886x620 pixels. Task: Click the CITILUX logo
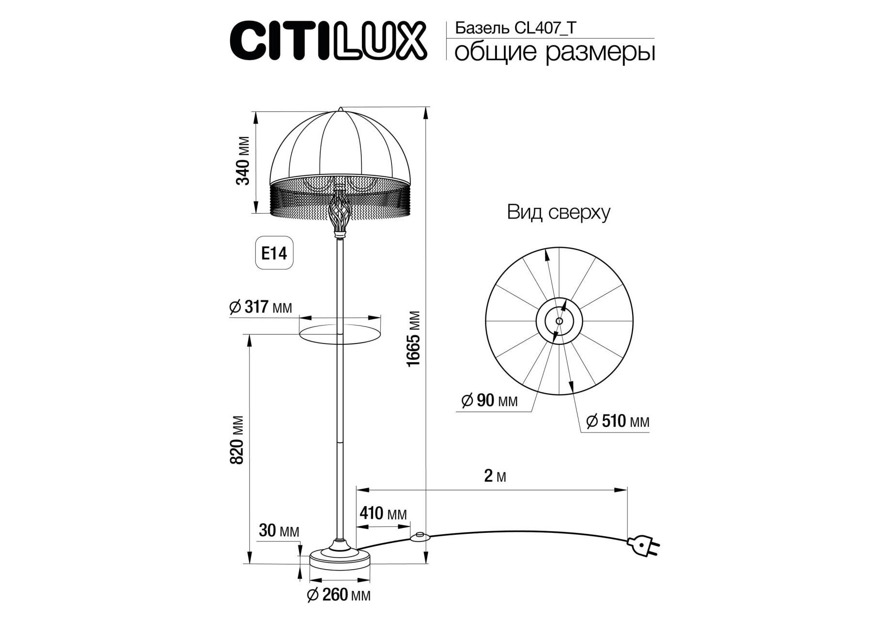(x=328, y=40)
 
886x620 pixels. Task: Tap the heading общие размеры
(x=555, y=52)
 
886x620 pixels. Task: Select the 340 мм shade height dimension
(x=243, y=161)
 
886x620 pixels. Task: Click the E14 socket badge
(x=274, y=253)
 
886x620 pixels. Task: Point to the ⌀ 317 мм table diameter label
(x=261, y=307)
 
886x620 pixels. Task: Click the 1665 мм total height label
(x=414, y=338)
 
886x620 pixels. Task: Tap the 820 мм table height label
(x=237, y=440)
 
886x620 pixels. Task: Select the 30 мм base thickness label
(x=279, y=531)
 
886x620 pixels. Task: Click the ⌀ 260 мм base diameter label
(x=339, y=595)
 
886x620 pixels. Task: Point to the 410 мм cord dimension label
(x=383, y=513)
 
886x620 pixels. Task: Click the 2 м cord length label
(x=495, y=477)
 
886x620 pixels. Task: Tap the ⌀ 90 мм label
(x=489, y=401)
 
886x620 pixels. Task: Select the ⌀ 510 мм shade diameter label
(x=618, y=421)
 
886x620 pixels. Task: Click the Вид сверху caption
(x=559, y=212)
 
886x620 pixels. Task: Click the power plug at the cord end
(x=644, y=546)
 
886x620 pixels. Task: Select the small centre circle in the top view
(x=560, y=321)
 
